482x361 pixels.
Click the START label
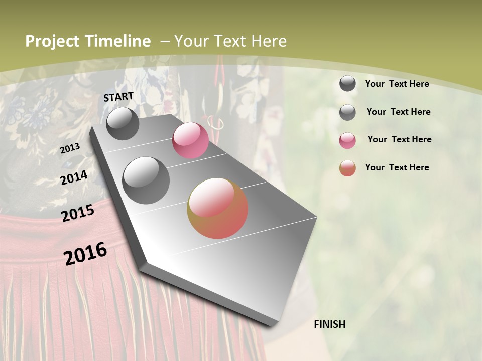(x=118, y=97)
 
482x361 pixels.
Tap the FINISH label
(x=329, y=324)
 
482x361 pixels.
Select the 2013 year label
(x=70, y=148)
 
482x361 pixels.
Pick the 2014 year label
(x=74, y=177)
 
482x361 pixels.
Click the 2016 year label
(x=85, y=253)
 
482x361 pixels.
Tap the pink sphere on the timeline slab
(x=190, y=140)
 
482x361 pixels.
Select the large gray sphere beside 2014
(x=146, y=180)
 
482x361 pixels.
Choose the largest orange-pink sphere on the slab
(x=217, y=208)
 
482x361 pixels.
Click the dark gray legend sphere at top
(x=347, y=84)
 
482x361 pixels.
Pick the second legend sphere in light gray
(x=347, y=112)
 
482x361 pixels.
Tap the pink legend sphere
(x=347, y=140)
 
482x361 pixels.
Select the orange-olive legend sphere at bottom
(x=347, y=168)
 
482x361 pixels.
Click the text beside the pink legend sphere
(x=399, y=139)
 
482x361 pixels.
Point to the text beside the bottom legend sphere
(x=397, y=167)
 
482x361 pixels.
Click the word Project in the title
(x=53, y=41)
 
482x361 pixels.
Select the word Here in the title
(x=269, y=41)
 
